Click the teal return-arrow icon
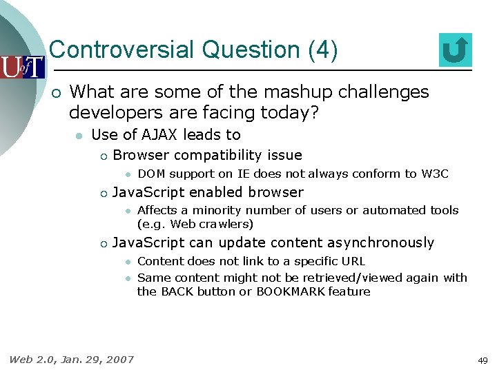coord(455,50)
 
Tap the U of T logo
coord(22,67)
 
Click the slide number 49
coord(483,360)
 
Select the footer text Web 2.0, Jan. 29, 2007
coord(72,359)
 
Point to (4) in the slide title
coord(323,50)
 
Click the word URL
coord(352,261)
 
